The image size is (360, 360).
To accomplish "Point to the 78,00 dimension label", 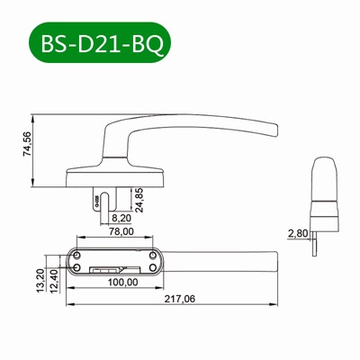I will pyautogui.click(x=121, y=233).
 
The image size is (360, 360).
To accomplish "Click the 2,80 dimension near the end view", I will pyautogui.click(x=296, y=233).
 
